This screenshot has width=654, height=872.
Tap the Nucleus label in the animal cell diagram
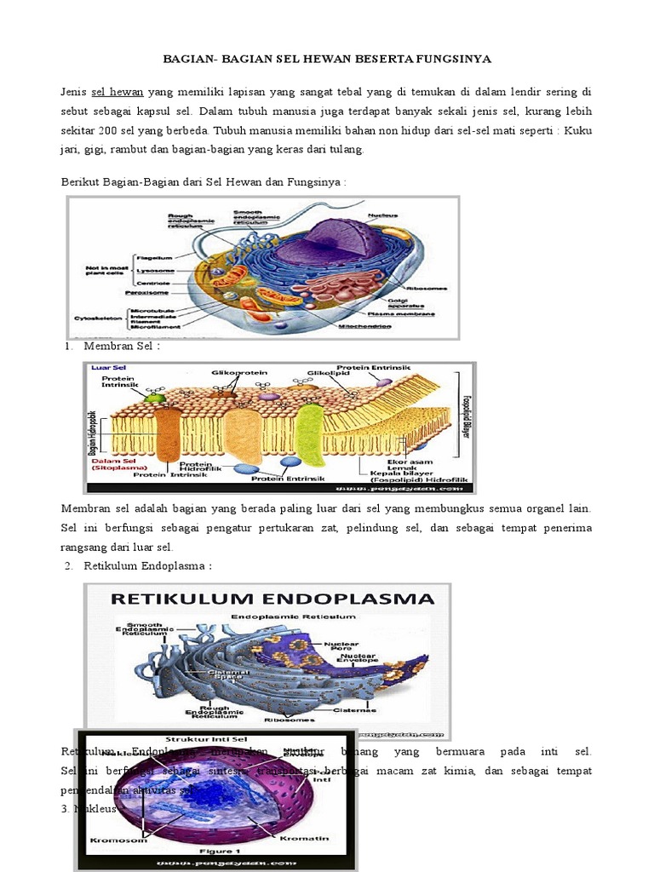click(x=382, y=215)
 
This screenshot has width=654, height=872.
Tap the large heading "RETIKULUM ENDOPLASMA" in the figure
click(x=267, y=599)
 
